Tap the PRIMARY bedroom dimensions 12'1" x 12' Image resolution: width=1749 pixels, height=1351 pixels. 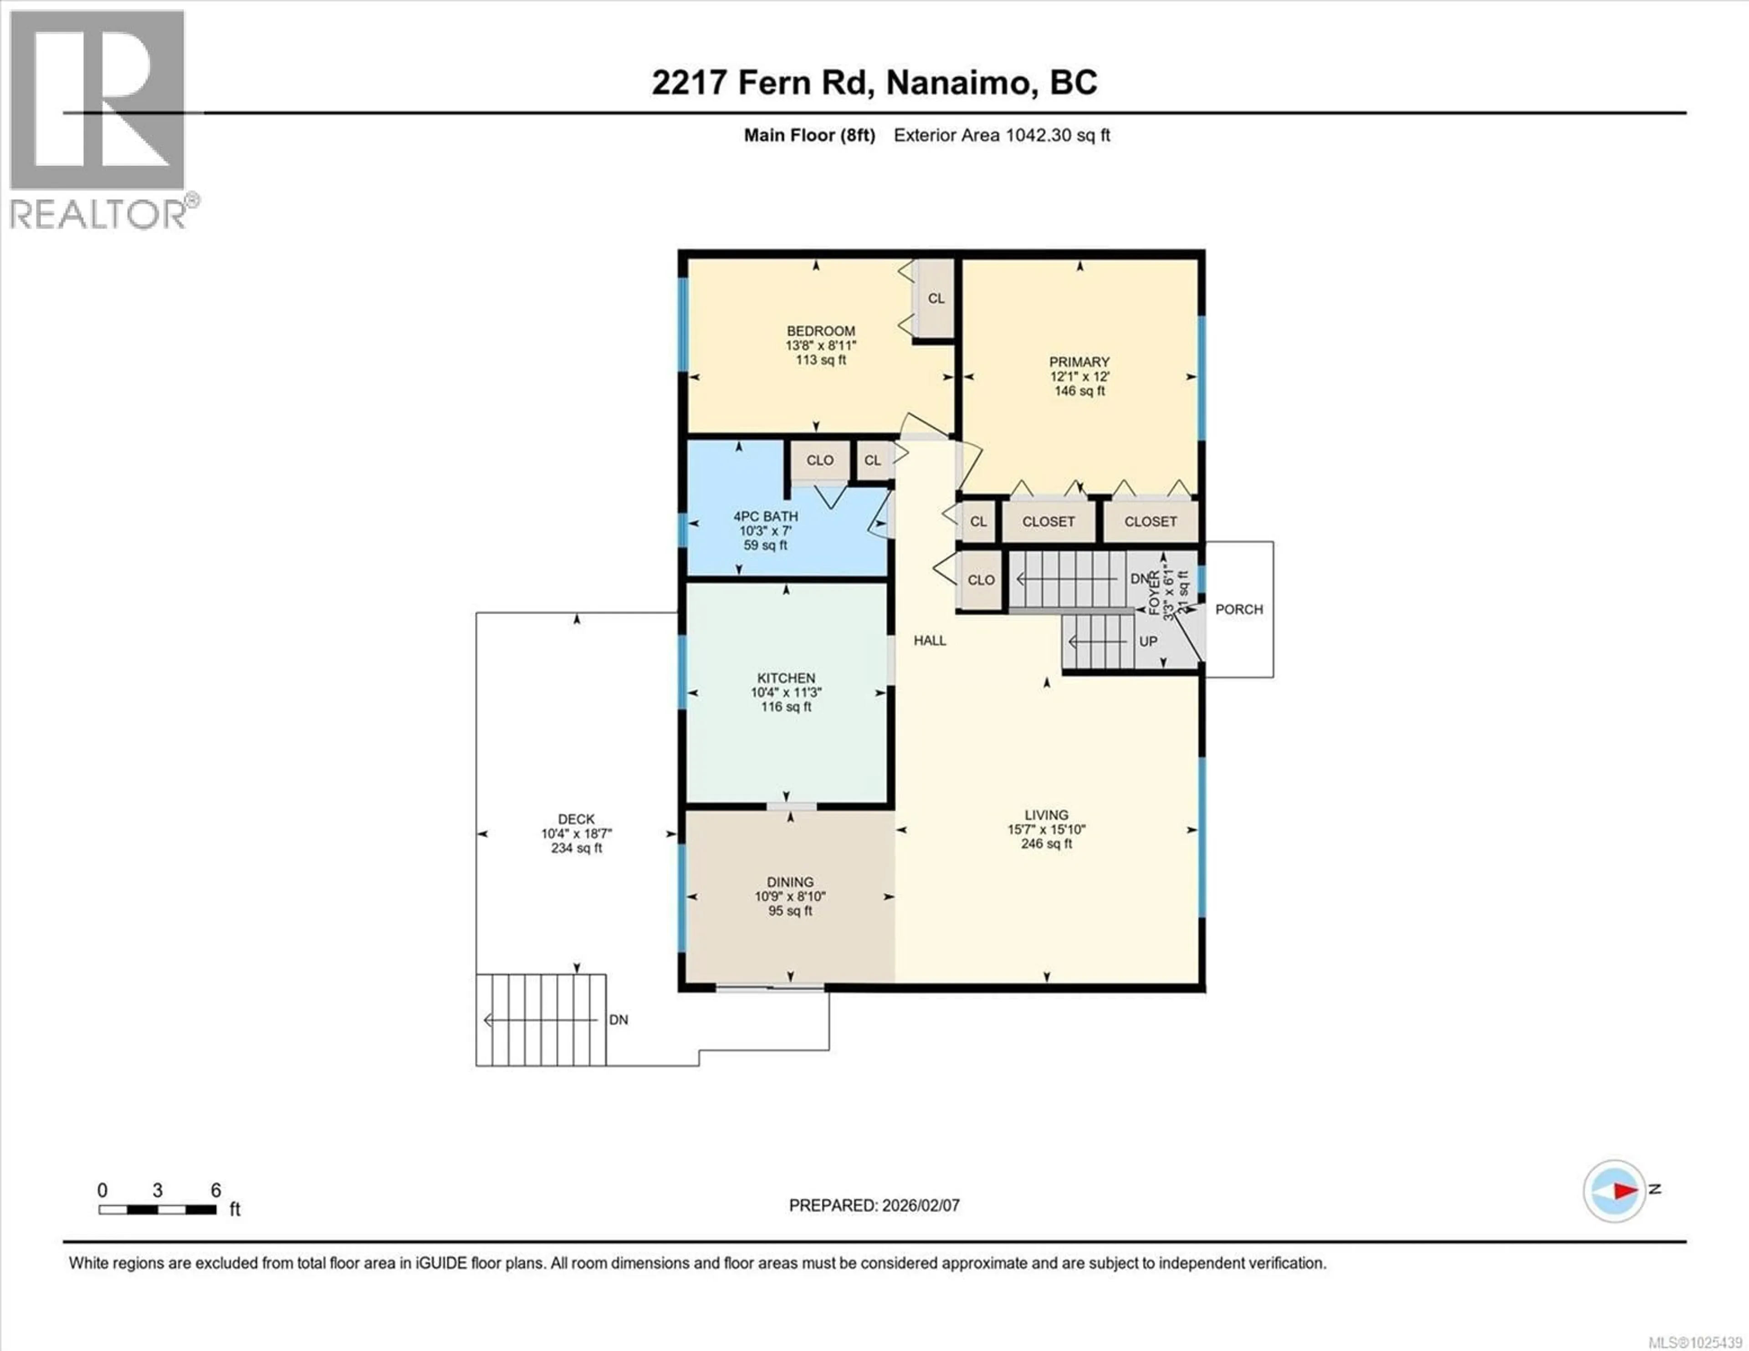pos(1079,377)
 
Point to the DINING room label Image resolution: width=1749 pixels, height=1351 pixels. pos(790,882)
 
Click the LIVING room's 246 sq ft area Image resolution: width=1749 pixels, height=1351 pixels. pos(1046,844)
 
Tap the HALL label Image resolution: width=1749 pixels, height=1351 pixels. pos(929,641)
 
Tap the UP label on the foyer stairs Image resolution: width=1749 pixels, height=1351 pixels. pos(1148,642)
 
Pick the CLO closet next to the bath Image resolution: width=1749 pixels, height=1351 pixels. pos(819,460)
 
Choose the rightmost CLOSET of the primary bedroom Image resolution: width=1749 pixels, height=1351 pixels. pos(1150,521)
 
